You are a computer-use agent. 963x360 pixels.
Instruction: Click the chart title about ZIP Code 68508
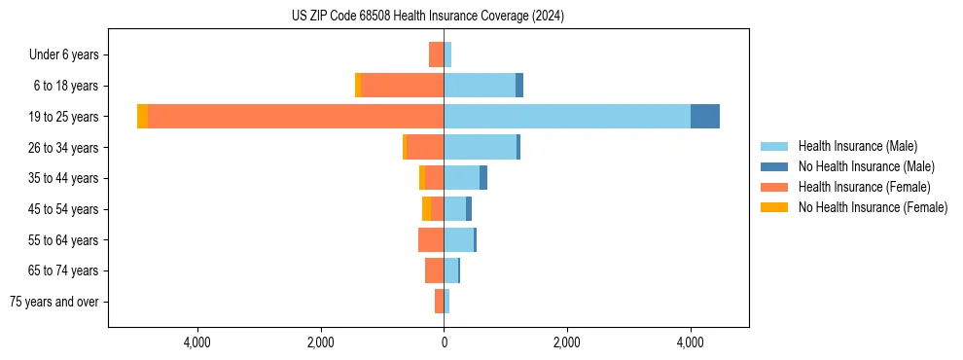click(428, 17)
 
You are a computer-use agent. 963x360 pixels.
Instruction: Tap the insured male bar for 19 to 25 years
click(567, 117)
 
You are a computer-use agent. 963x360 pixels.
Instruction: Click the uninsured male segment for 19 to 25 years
click(705, 117)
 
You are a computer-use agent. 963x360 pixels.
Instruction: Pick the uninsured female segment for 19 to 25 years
click(143, 117)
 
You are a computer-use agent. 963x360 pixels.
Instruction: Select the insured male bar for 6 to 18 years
click(480, 86)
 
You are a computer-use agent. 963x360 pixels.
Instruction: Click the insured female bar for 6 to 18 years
click(402, 86)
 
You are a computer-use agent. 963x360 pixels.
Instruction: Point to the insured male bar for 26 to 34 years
click(480, 147)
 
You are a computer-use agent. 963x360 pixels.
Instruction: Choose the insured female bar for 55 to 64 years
click(431, 239)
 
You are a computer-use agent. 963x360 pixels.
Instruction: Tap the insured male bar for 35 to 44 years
click(461, 178)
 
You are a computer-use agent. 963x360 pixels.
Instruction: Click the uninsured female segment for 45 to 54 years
click(426, 209)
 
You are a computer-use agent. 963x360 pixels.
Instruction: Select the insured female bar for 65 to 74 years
click(434, 270)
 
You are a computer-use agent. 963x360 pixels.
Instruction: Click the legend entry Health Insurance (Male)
click(856, 146)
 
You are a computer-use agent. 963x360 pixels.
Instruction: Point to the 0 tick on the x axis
click(444, 342)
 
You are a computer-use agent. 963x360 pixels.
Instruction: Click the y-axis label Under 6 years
click(69, 55)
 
